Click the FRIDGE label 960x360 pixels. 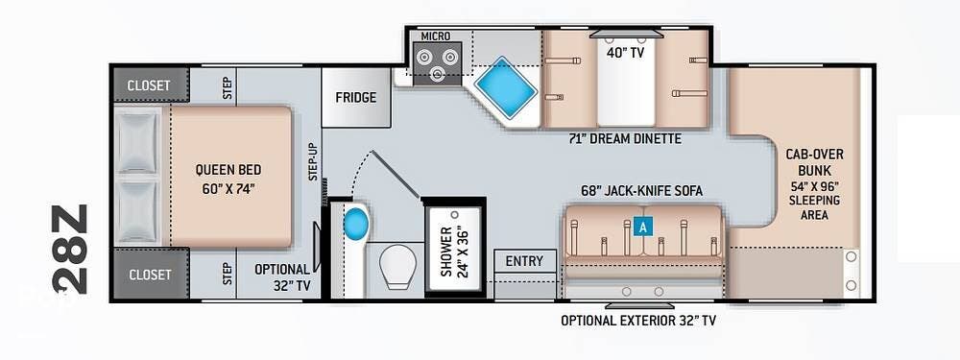tap(356, 97)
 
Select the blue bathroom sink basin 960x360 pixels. tap(354, 224)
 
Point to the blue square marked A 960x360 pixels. tap(642, 228)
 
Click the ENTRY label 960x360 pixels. tap(525, 261)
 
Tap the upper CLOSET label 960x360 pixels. tap(149, 85)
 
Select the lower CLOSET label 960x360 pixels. tap(149, 275)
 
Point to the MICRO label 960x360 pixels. tap(435, 36)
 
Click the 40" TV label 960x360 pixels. tap(625, 53)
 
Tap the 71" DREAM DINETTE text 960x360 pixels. tap(625, 139)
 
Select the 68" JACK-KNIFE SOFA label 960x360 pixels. tap(641, 191)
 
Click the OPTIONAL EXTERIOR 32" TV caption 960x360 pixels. tap(638, 321)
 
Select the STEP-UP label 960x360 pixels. tap(313, 161)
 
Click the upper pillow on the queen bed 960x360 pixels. tap(137, 142)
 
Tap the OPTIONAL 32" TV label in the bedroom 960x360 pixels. tap(282, 276)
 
